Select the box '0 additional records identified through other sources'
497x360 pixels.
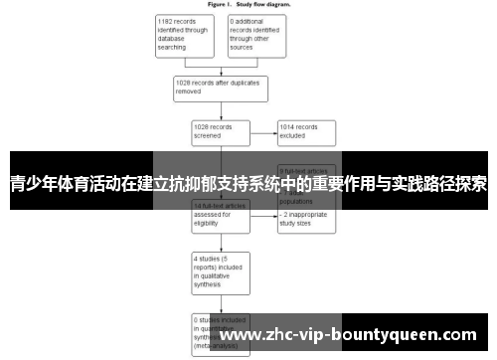tap(255, 35)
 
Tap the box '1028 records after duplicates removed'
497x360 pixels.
tap(221, 88)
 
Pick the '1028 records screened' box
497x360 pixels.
tap(220, 131)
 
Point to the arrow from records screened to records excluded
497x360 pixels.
tap(262, 131)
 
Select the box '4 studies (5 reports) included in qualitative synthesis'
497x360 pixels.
tap(220, 270)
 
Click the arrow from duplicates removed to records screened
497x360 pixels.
tap(220, 110)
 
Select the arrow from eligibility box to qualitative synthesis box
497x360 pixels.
tap(220, 242)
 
